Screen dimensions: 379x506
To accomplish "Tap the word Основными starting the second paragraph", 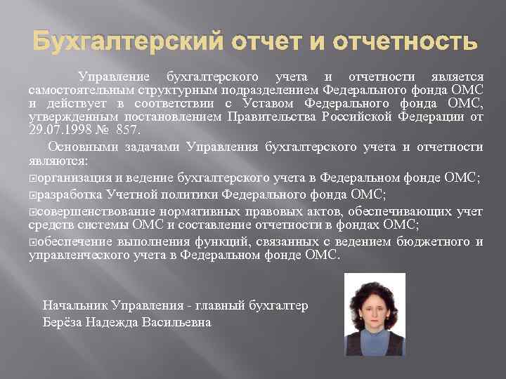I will tap(76, 147).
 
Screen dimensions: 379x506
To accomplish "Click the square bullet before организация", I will tap(32, 178).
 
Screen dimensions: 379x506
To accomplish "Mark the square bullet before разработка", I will tap(32, 194).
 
